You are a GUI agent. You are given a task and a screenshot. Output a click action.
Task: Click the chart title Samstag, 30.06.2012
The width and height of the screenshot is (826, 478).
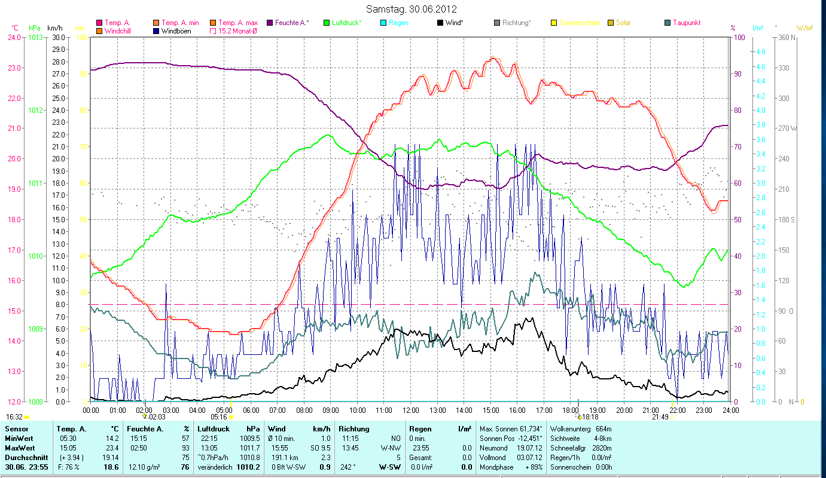[412, 9]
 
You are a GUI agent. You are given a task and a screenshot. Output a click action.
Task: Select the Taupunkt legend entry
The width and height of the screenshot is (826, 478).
[686, 23]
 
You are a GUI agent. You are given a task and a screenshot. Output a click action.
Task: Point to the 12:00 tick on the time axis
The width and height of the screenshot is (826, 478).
[411, 410]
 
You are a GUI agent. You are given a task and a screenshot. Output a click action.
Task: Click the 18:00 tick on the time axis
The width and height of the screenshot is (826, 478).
[571, 410]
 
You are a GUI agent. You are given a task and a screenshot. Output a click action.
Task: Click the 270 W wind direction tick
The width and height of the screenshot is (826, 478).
[785, 128]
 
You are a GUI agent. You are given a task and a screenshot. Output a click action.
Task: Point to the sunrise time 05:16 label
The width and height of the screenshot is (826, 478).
[219, 417]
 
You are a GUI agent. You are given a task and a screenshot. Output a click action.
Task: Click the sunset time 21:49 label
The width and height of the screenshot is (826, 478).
[660, 417]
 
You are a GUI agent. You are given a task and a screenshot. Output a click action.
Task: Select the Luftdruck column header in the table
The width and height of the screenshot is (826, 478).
[212, 429]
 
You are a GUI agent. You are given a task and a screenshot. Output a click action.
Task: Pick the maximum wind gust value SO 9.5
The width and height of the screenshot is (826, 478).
[318, 447]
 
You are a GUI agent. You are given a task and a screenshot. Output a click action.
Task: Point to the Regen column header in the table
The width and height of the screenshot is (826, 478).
[420, 429]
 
